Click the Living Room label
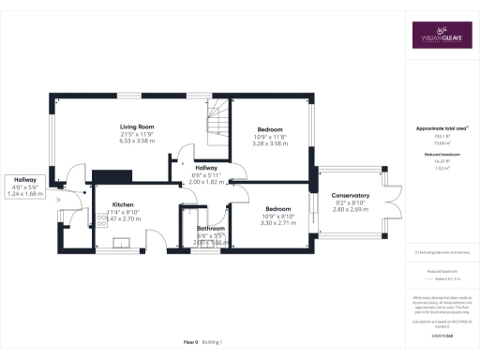point(136,126)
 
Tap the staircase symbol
point(217,121)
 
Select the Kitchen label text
point(126,203)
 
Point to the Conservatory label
point(352,195)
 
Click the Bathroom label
point(210,228)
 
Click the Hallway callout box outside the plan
point(25,186)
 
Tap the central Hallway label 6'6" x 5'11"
point(205,169)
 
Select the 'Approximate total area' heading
point(440,127)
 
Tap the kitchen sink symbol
point(121,242)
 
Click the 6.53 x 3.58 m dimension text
point(137,141)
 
